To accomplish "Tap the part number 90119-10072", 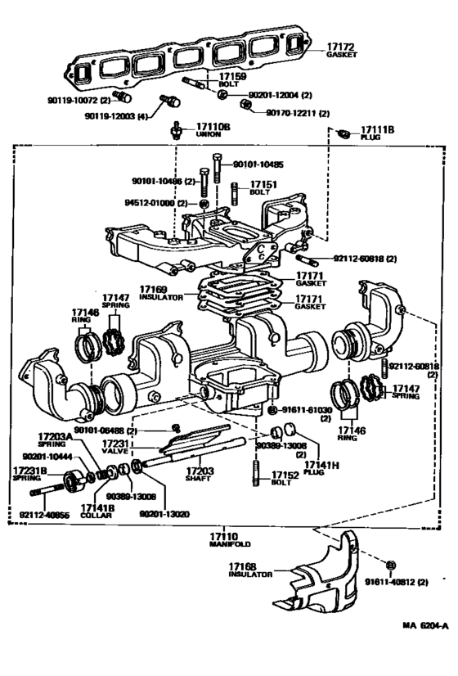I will coord(73,99).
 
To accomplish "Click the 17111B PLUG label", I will coord(377,133).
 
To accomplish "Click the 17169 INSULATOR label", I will coord(159,293).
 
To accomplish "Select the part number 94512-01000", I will coord(155,202).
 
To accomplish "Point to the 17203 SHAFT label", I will coord(199,475).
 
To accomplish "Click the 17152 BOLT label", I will coord(285,479).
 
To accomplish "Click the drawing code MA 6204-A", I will coord(425,626).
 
